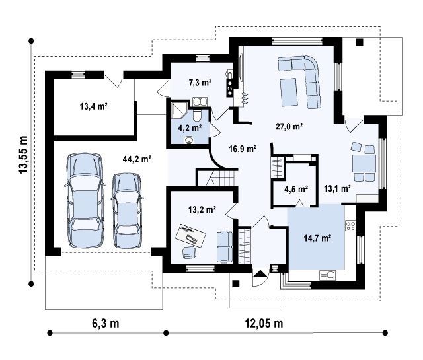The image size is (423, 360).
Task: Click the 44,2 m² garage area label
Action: [137, 159]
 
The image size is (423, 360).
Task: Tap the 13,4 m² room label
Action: [94, 106]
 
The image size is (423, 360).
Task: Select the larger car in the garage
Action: [85, 200]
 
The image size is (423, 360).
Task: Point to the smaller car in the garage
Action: [127, 211]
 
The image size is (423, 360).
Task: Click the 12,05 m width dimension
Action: [264, 323]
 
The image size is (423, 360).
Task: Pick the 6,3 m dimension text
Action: [106, 323]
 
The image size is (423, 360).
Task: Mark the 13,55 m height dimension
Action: [23, 155]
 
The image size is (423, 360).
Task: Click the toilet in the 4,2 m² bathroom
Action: [197, 116]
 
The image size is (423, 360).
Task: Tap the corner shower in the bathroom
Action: [179, 110]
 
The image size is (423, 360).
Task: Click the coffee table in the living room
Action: [289, 92]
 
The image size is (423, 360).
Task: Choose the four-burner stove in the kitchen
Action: [350, 225]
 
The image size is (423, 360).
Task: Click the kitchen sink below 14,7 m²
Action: [328, 275]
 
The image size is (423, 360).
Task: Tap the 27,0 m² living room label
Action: [289, 126]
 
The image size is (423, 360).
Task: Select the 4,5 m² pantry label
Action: [296, 189]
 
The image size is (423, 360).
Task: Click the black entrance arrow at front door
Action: [260, 273]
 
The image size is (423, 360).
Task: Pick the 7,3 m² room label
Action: [200, 83]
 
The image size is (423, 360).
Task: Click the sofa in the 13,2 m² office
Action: [225, 246]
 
